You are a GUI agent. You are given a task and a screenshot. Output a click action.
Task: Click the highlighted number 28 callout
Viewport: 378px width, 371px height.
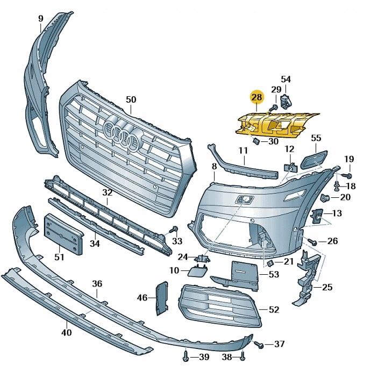(x=256, y=97)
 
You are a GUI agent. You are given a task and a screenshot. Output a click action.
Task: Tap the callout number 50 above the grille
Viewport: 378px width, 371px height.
(x=131, y=99)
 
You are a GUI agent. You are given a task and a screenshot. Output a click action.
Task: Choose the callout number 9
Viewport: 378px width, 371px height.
(x=40, y=19)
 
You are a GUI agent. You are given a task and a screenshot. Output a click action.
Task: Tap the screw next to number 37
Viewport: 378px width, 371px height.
(x=259, y=344)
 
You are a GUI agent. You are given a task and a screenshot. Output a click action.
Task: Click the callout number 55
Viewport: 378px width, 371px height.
(x=316, y=138)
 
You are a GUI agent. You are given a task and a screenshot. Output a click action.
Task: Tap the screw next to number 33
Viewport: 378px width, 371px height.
(x=173, y=231)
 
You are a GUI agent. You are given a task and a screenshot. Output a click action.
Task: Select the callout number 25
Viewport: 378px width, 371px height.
(x=327, y=288)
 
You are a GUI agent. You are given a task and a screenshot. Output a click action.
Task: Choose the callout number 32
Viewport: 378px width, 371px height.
(x=107, y=192)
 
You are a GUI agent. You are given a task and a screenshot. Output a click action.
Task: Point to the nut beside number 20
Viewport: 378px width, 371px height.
(x=325, y=197)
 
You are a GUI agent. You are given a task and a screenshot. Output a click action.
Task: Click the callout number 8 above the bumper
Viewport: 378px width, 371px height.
(x=214, y=167)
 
